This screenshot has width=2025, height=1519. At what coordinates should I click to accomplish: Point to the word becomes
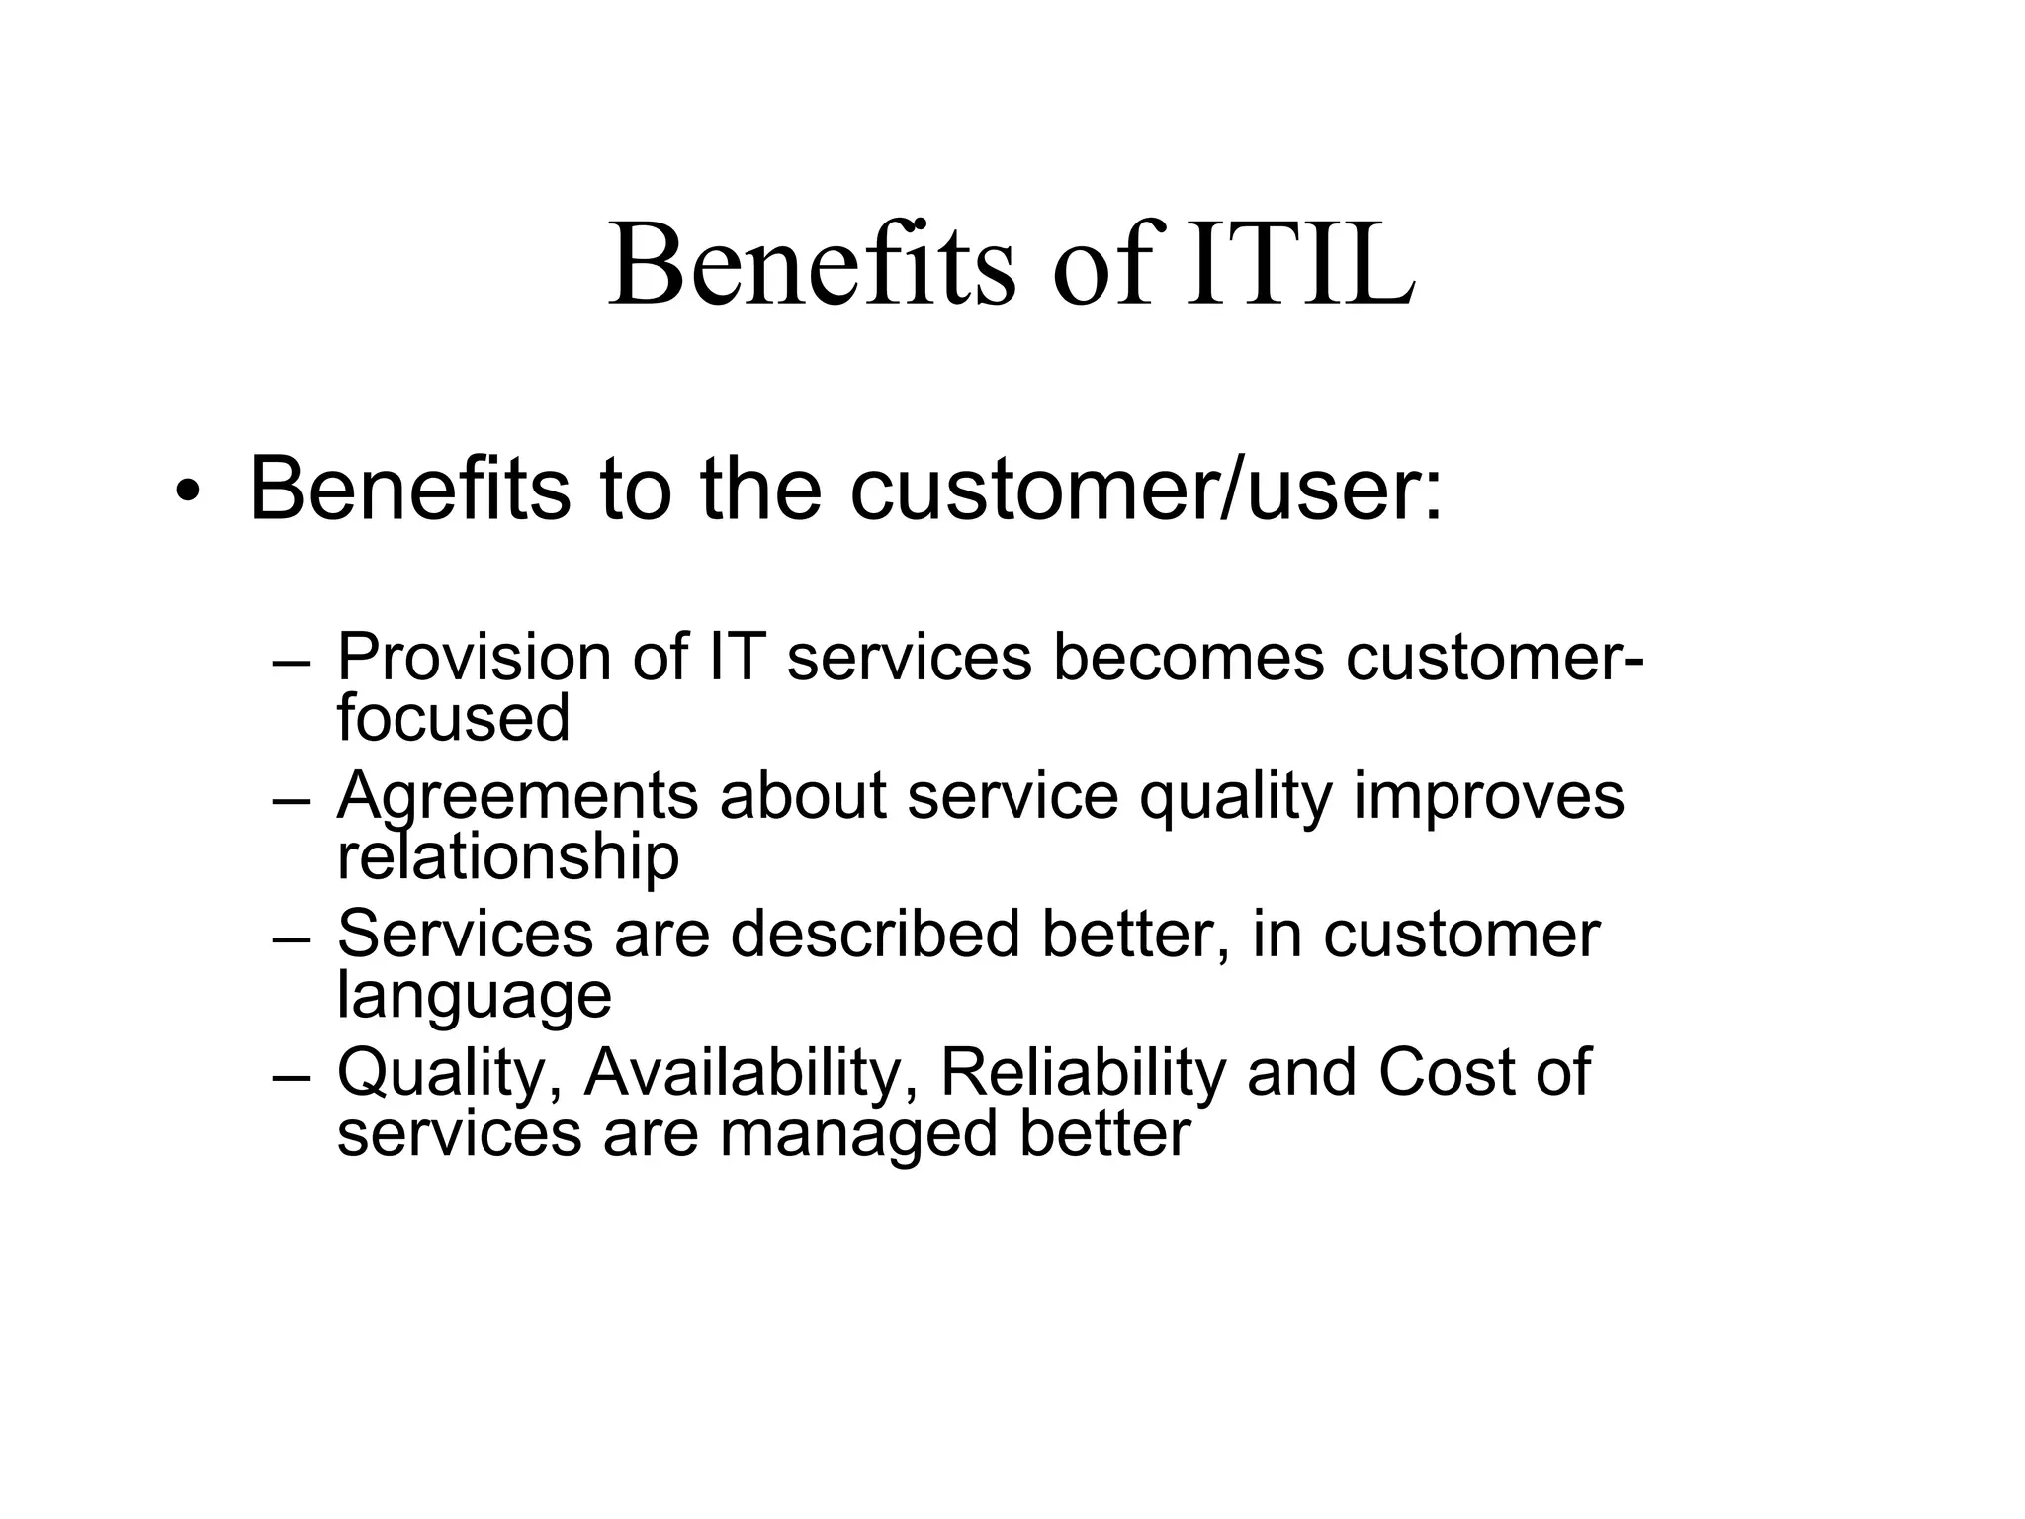point(1188,657)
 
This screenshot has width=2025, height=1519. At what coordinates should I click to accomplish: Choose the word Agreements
point(517,795)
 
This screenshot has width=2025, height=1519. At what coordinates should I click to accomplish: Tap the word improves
point(1488,795)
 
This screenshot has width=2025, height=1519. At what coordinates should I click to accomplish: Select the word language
point(475,995)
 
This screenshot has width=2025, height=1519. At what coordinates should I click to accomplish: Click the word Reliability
point(1083,1072)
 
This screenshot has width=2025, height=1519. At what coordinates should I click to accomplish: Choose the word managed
point(858,1133)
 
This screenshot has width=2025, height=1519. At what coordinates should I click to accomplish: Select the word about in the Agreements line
point(802,795)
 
